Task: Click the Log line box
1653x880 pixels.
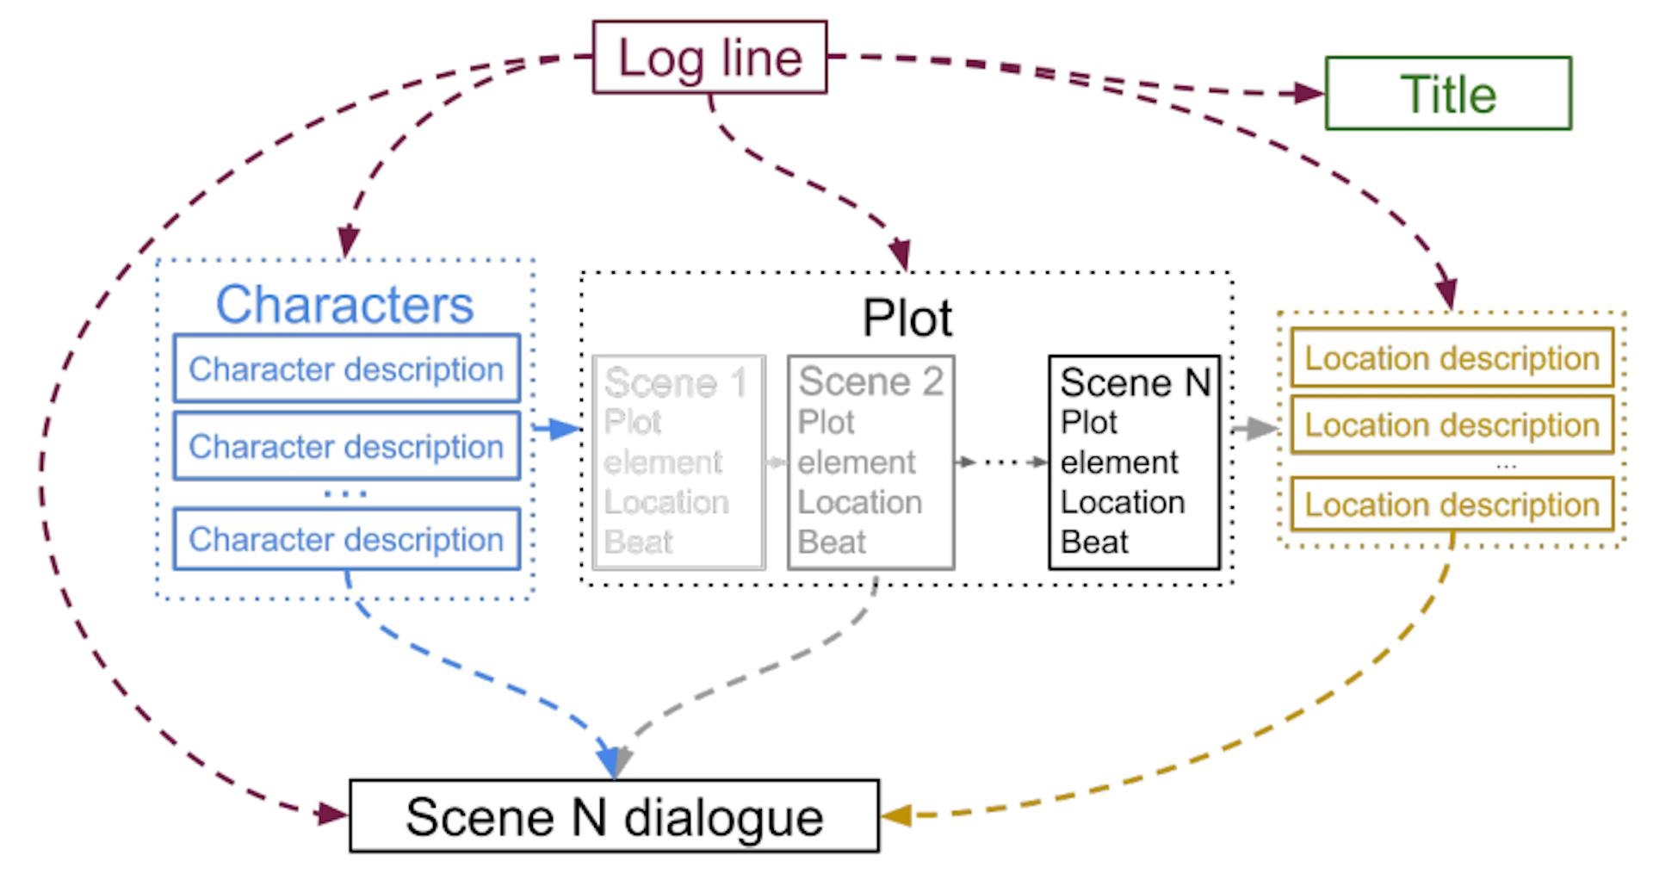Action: click(709, 58)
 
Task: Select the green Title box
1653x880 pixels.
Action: click(1448, 93)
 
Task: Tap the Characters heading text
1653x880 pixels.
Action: click(344, 304)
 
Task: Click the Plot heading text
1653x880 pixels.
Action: click(907, 319)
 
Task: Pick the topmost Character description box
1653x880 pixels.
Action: click(346, 369)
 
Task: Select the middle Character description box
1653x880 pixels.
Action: click(346, 446)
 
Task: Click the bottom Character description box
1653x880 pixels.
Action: click(346, 539)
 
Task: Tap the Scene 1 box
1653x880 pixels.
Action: click(678, 462)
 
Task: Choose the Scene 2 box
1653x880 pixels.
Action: click(870, 462)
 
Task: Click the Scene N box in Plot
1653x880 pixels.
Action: click(1134, 462)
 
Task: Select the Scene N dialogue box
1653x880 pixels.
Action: click(614, 816)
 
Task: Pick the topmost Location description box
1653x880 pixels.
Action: click(1452, 357)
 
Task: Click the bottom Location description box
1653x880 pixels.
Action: click(1452, 505)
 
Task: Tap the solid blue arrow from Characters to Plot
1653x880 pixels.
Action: click(558, 428)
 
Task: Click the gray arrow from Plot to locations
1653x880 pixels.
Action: click(1255, 428)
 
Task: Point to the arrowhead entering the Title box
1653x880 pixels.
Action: click(1309, 93)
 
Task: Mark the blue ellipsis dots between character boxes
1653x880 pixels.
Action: click(345, 494)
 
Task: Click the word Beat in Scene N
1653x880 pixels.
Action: click(1094, 542)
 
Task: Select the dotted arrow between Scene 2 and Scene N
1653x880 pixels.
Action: click(1001, 462)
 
